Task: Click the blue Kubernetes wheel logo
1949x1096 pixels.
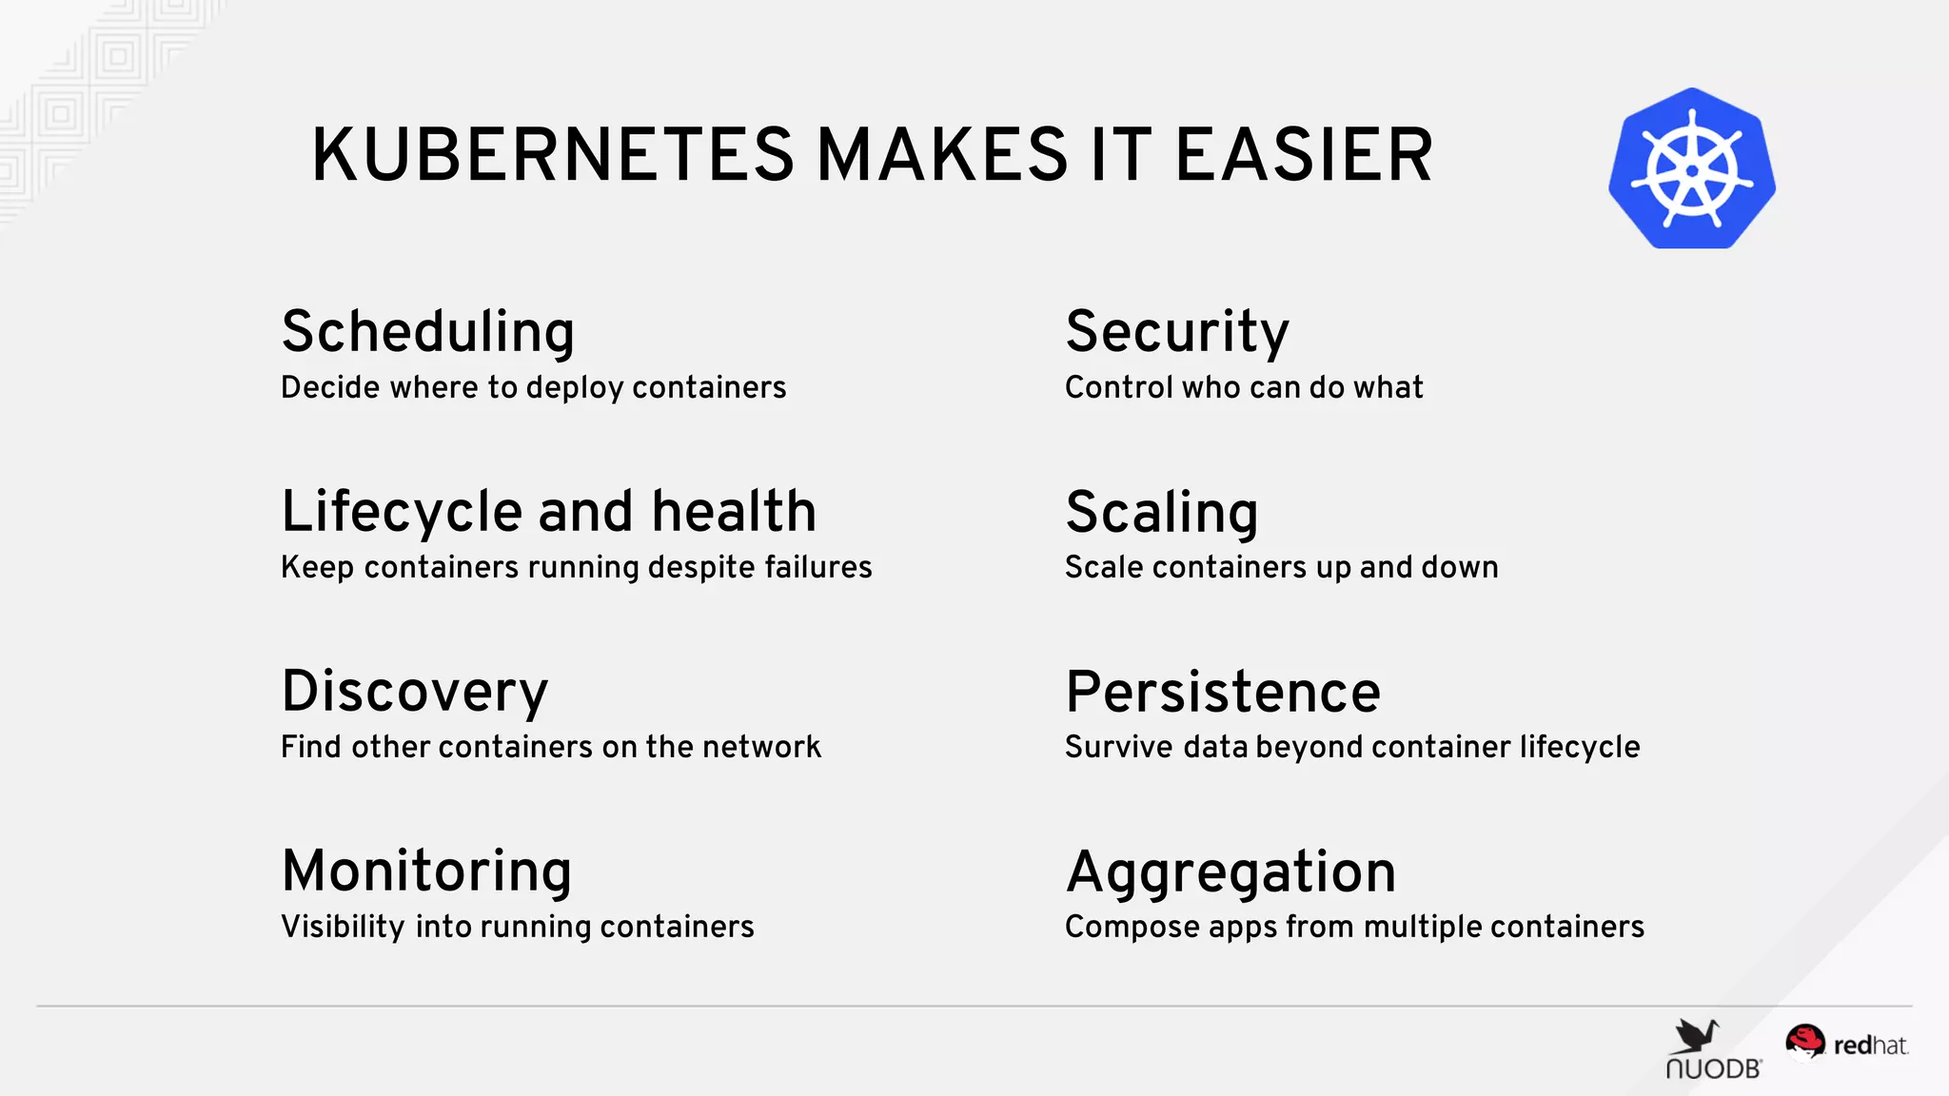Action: tap(1691, 169)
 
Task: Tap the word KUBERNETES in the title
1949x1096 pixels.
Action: tap(552, 155)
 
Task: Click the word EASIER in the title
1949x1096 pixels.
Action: tap(1304, 155)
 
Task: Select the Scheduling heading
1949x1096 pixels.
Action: tap(428, 332)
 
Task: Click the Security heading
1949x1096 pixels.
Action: tap(1177, 332)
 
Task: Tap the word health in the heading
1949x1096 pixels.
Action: tap(734, 512)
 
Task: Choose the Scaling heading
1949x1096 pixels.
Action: tap(1162, 512)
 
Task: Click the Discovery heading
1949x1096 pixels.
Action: tap(415, 692)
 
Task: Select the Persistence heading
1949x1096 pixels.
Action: tap(1223, 692)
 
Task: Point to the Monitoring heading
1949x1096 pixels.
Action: tap(427, 871)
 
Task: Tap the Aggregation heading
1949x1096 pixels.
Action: tap(1230, 871)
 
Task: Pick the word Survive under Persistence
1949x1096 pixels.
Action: tap(1119, 747)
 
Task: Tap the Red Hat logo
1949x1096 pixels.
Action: tap(1846, 1045)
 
